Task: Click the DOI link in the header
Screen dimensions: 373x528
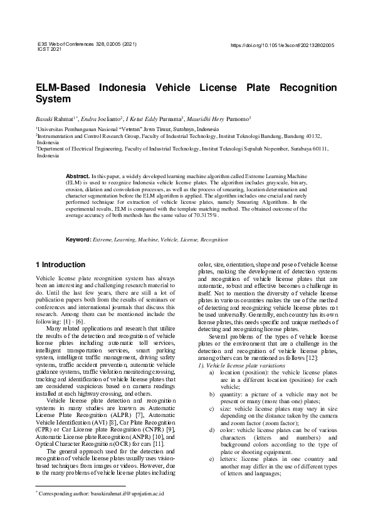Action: coord(283,46)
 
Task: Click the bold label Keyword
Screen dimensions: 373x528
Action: coord(78,240)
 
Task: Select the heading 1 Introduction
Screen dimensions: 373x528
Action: coord(61,265)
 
